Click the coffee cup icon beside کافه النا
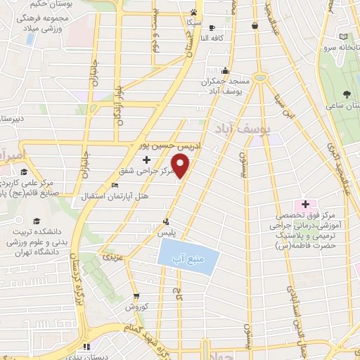pyautogui.click(x=212, y=27)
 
